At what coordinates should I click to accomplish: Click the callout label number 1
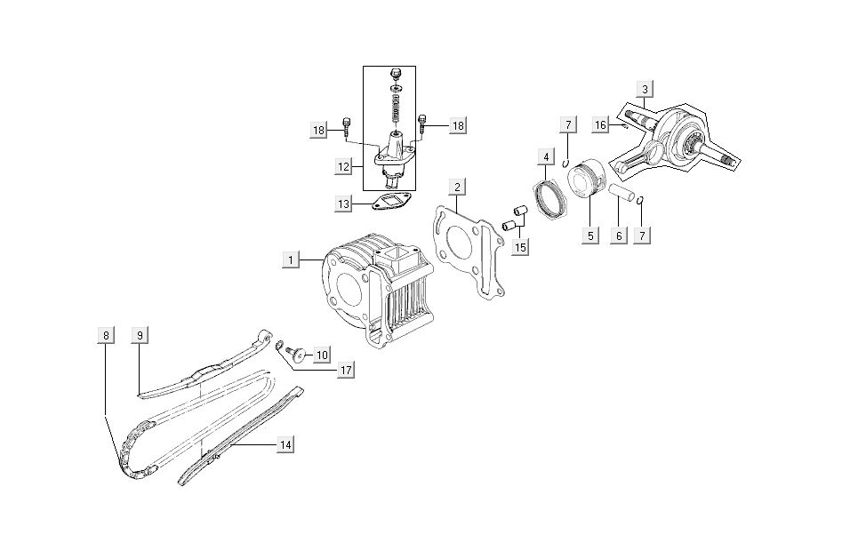coord(290,260)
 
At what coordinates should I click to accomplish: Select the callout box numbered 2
coord(456,188)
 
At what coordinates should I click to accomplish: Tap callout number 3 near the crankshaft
coord(645,88)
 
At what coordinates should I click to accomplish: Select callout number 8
coord(106,335)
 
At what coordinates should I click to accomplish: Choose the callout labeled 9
coord(140,335)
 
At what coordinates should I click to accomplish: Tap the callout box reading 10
coord(321,354)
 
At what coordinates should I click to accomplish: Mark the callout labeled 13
coord(343,204)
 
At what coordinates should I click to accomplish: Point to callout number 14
coord(284,445)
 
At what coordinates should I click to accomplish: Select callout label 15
coord(520,245)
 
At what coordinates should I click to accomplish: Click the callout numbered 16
coord(601,125)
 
